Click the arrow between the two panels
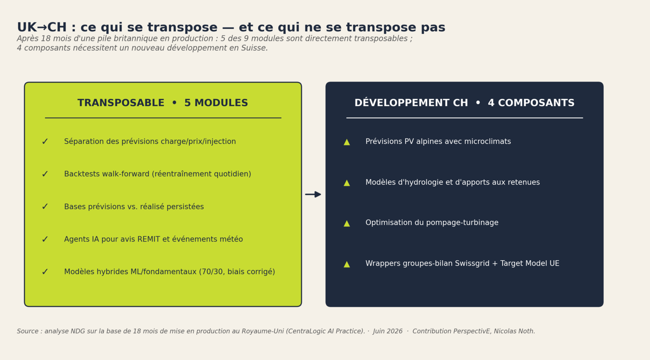[313, 194]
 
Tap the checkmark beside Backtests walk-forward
[45, 174]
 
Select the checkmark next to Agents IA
[45, 239]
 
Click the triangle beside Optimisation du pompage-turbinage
[347, 223]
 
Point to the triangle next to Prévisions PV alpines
[347, 142]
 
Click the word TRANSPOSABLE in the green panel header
[121, 103]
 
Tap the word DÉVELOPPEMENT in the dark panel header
[411, 103]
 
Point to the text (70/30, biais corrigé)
[237, 272]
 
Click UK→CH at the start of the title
[42, 27]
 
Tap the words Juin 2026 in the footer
[388, 331]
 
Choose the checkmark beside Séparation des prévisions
[45, 142]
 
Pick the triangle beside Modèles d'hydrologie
[347, 183]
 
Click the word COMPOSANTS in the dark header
[531, 103]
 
